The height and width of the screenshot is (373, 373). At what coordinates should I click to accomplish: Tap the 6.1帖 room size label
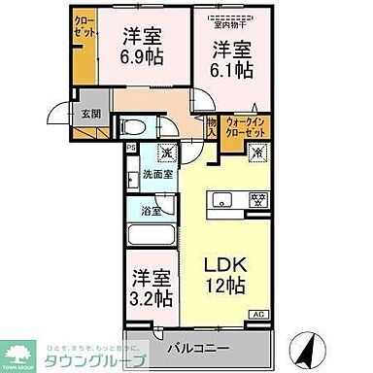pyautogui.click(x=234, y=70)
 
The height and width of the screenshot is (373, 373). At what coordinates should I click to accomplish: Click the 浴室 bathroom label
pyautogui.click(x=152, y=211)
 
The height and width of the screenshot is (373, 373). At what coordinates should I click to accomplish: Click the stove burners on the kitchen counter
pyautogui.click(x=258, y=201)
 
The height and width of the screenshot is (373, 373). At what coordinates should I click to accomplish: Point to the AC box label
pyautogui.click(x=258, y=314)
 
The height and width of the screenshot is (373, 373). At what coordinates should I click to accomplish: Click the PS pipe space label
pyautogui.click(x=131, y=147)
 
